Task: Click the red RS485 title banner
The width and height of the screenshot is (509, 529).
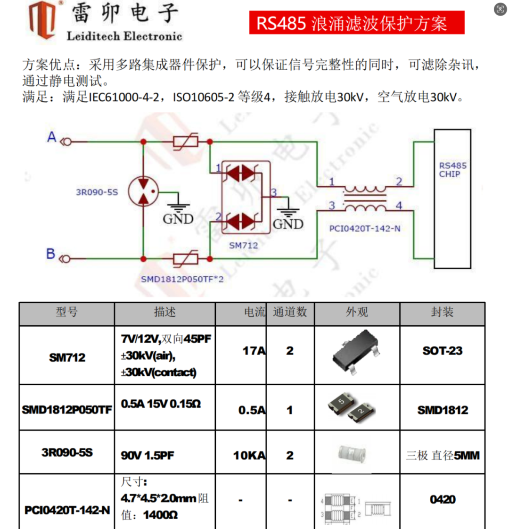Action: [x=357, y=23]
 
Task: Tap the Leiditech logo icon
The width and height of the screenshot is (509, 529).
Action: [x=42, y=20]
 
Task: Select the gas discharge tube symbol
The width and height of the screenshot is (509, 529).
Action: [x=143, y=191]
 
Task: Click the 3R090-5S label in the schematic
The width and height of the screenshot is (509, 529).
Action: [x=97, y=192]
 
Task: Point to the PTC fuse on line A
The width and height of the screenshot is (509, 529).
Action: [x=186, y=141]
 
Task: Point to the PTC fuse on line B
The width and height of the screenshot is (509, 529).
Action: [x=186, y=259]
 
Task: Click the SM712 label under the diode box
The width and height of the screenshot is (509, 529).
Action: [x=243, y=246]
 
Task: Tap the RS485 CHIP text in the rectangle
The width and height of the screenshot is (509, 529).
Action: [x=452, y=170]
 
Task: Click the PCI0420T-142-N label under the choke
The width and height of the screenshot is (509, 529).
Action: [x=365, y=229]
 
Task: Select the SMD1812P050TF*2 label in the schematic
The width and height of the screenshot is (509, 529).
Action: [x=182, y=279]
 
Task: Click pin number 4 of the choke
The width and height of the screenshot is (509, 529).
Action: [x=399, y=205]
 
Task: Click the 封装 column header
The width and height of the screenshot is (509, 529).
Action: [x=442, y=312]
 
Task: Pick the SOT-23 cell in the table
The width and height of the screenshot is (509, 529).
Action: [x=442, y=351]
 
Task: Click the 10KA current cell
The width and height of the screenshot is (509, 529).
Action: [x=249, y=455]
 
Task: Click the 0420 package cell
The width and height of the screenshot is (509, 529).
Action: [x=443, y=499]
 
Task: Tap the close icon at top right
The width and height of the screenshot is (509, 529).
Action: [x=500, y=9]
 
